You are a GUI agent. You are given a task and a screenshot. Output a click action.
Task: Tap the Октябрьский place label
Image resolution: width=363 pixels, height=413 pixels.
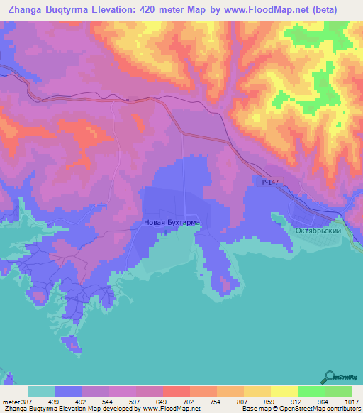[x=319, y=231]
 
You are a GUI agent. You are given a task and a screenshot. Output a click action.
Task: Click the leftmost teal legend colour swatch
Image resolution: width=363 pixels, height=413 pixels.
[x=42, y=391]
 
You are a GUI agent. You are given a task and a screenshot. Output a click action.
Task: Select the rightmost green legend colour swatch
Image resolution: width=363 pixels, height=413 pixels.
[x=337, y=391]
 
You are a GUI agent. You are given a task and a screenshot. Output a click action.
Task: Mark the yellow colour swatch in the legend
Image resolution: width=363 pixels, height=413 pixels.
[x=284, y=391]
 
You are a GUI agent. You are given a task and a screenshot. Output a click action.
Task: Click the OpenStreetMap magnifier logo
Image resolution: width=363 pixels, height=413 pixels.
[x=329, y=376]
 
